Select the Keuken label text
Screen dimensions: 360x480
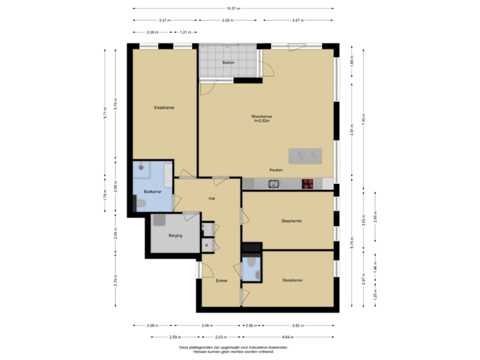276,170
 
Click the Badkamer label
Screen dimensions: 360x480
153,192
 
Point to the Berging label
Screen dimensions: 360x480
175,235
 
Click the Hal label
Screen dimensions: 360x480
211,199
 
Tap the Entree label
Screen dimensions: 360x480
221,281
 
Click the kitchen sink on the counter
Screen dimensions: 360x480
273,184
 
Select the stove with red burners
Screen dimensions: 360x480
308,183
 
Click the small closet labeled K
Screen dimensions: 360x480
207,245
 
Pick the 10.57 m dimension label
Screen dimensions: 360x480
233,9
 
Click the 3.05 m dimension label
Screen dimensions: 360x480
227,20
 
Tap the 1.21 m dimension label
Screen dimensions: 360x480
186,32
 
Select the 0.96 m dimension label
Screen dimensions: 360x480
250,325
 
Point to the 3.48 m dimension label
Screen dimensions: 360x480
207,325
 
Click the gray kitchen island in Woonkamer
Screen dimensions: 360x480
306,155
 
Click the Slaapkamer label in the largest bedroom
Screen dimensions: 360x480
164,107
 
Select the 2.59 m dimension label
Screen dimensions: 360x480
176,337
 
